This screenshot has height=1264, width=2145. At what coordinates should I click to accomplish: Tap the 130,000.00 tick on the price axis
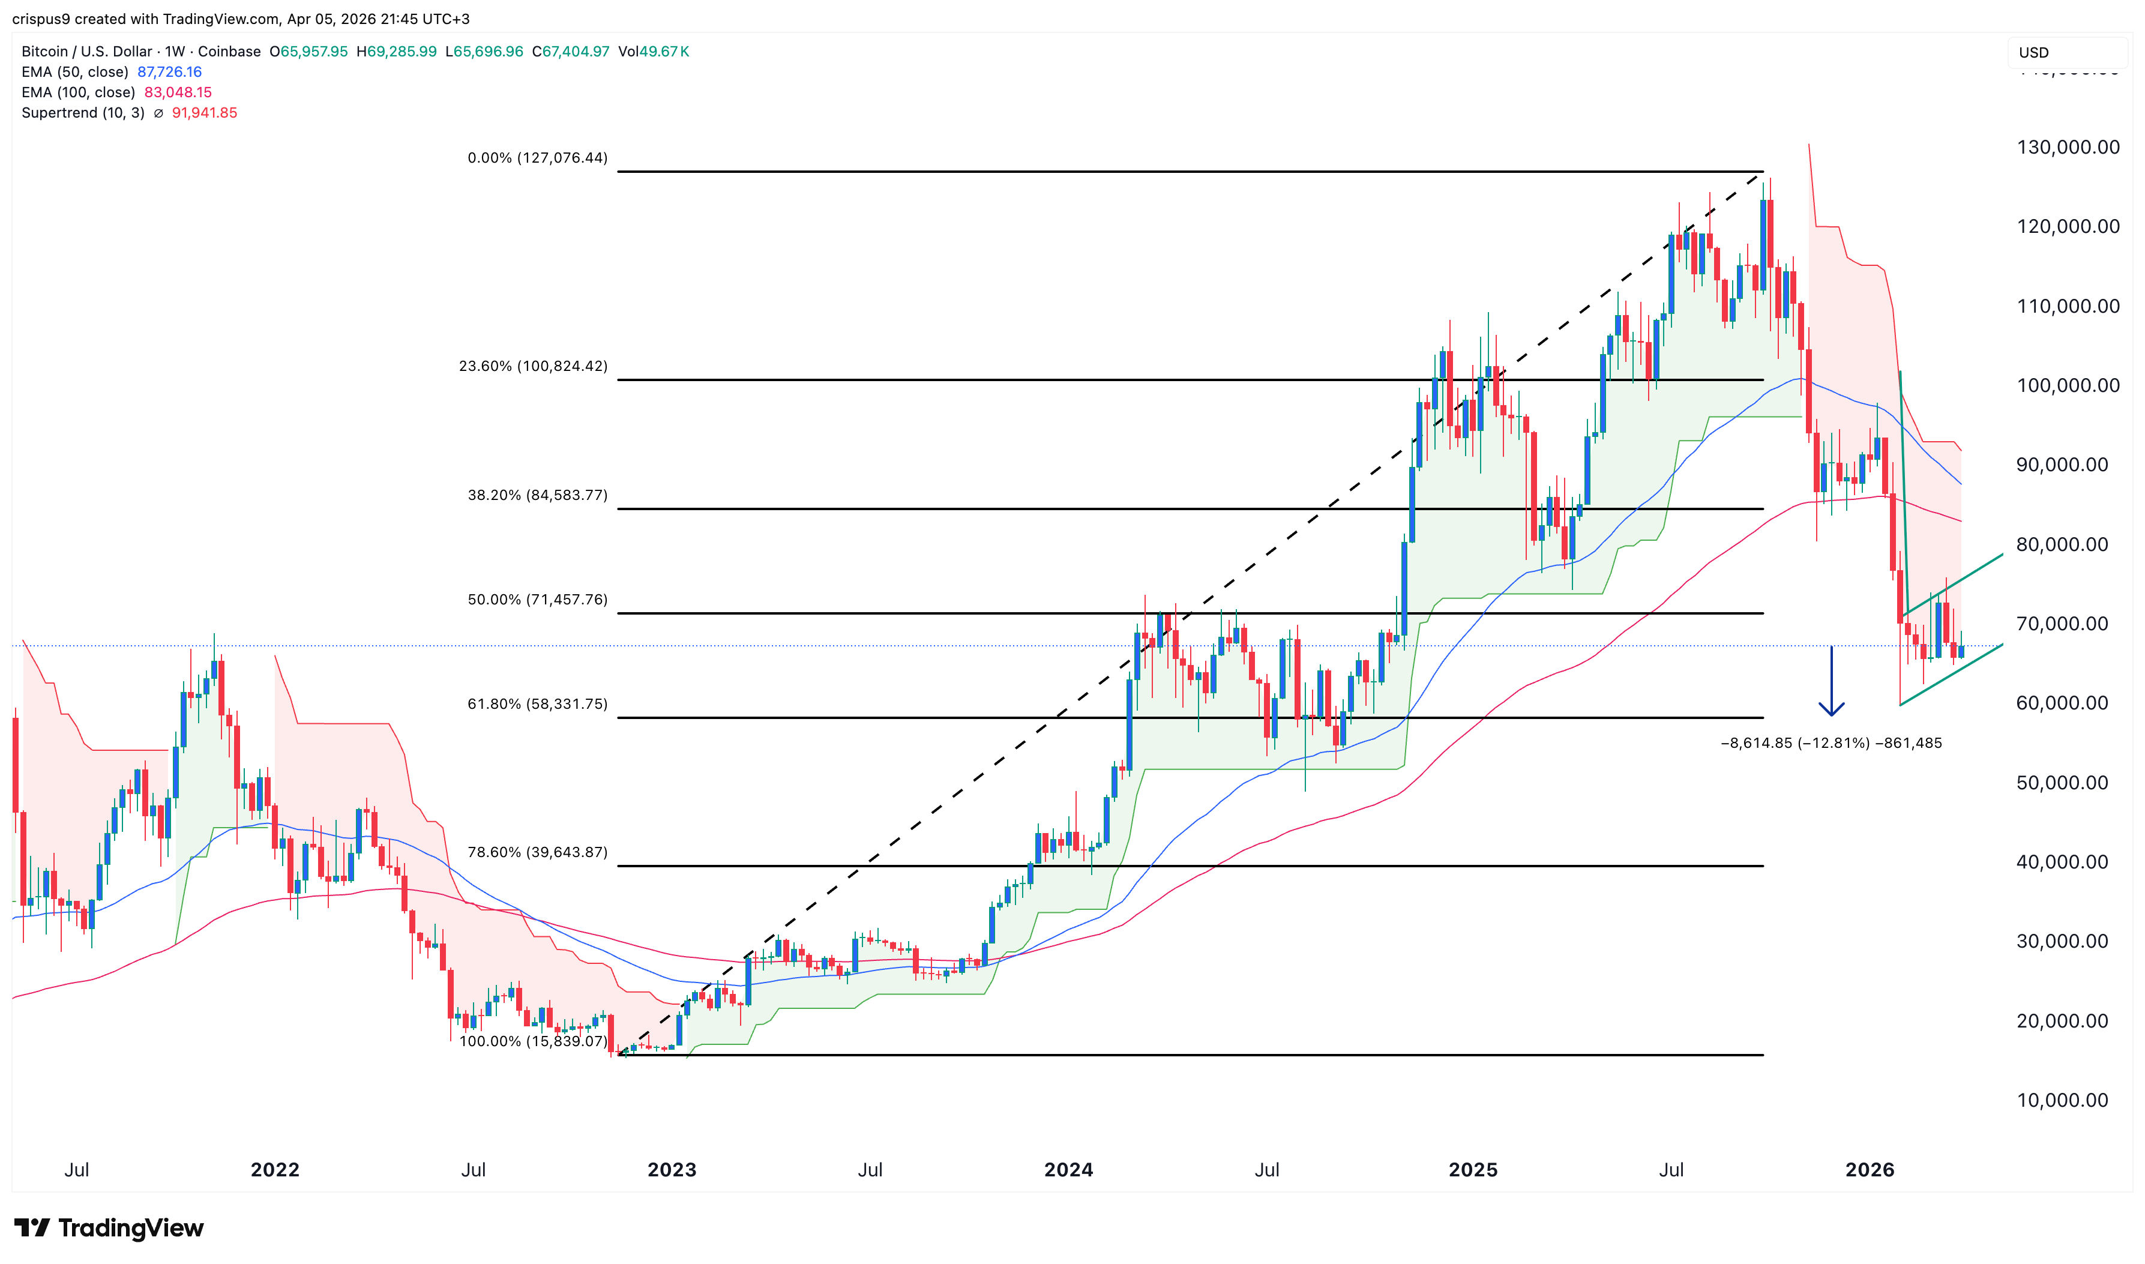coord(2068,148)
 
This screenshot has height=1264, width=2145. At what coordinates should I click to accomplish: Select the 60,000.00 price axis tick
coord(2062,703)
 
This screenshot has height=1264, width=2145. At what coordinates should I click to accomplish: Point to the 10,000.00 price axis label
coord(2062,1101)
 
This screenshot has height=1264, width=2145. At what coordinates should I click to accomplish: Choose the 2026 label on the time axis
coord(1870,1170)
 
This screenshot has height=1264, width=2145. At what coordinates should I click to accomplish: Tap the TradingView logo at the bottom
coord(109,1228)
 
